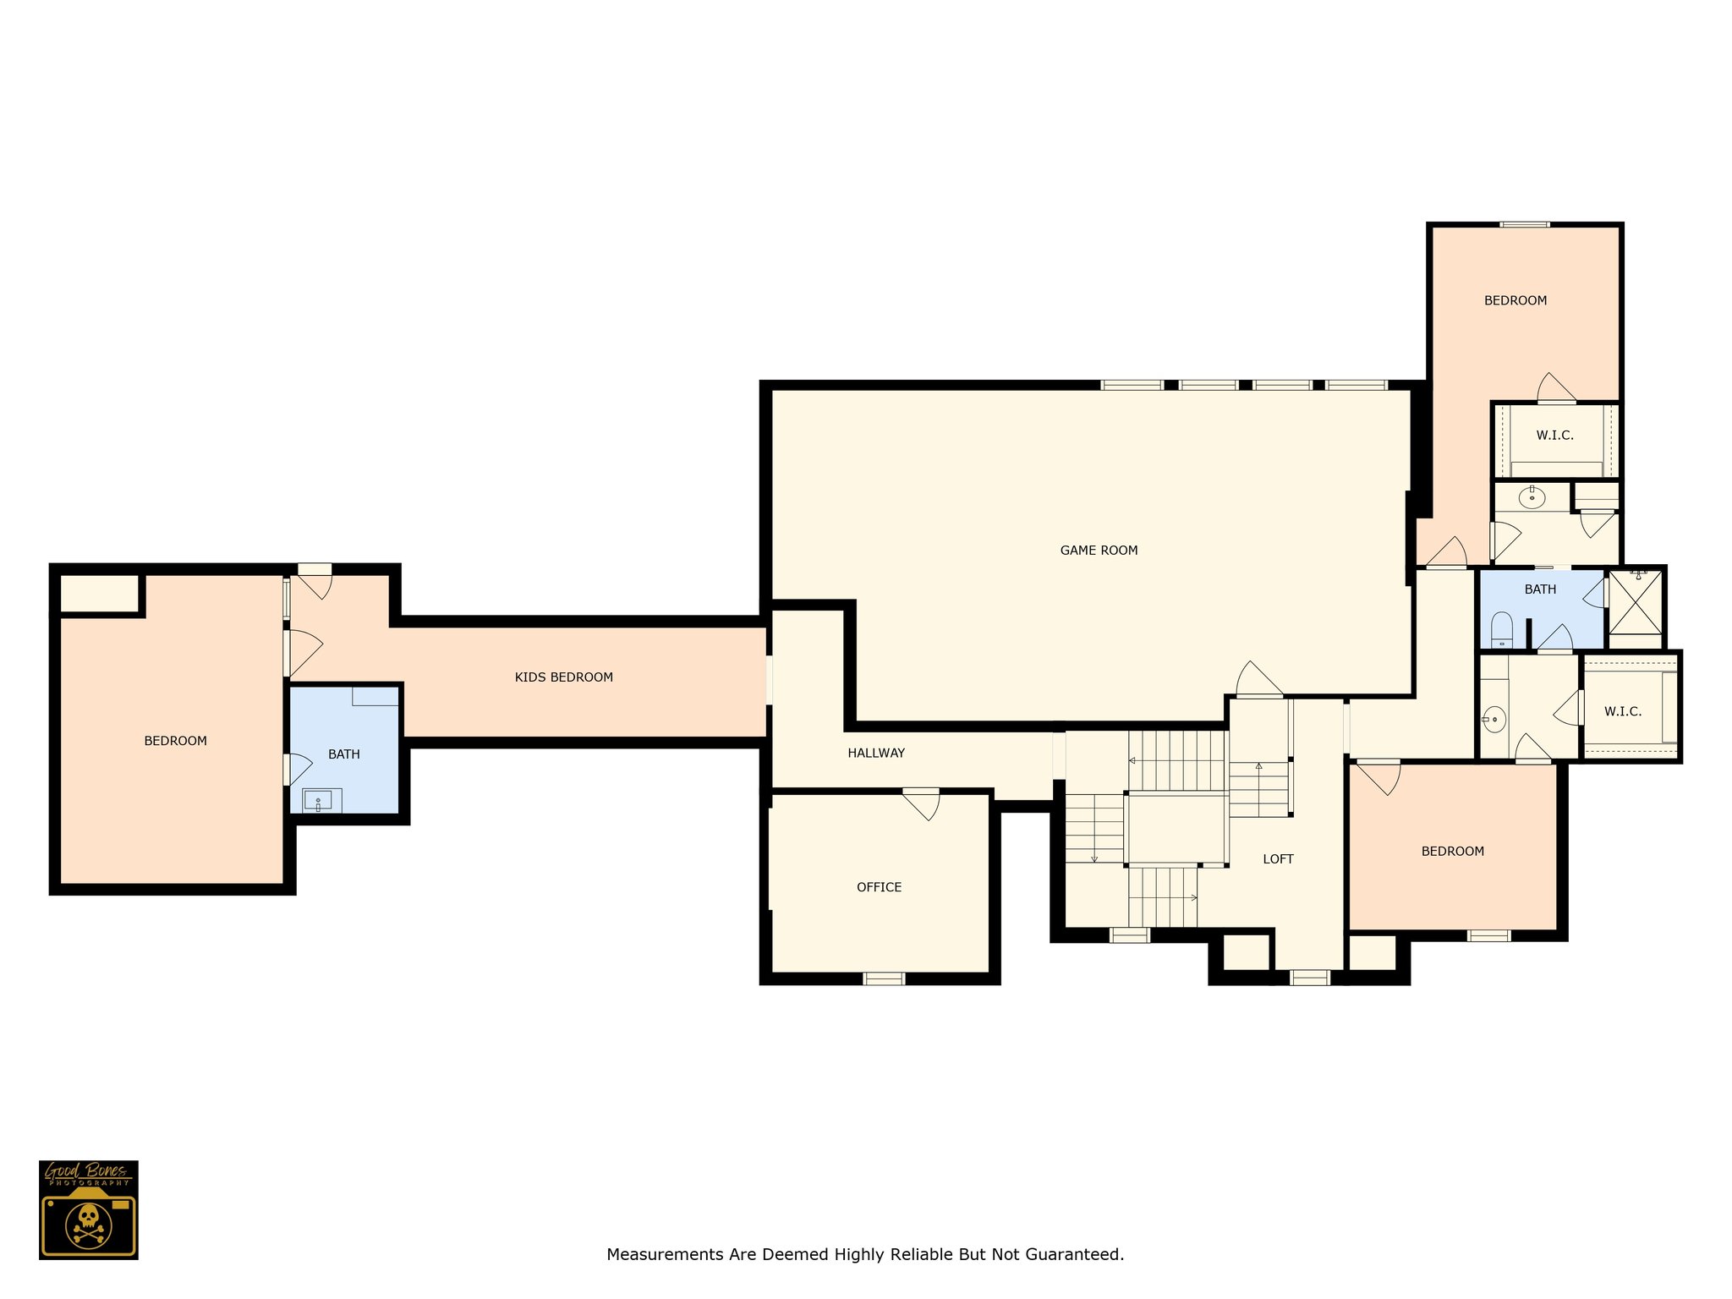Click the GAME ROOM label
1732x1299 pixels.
click(1099, 551)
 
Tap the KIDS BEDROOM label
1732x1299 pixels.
click(564, 677)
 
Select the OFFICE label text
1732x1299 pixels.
click(879, 887)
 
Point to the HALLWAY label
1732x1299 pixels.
click(876, 753)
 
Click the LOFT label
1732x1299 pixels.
click(1278, 859)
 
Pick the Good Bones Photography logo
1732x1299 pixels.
click(89, 1209)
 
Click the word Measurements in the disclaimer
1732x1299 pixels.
click(666, 1254)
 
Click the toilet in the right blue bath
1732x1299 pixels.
click(1501, 629)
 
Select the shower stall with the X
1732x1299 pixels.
click(1636, 602)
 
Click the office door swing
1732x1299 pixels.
click(922, 803)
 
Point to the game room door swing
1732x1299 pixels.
click(1259, 679)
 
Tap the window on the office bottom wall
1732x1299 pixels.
click(884, 978)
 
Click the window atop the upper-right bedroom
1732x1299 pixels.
click(1525, 225)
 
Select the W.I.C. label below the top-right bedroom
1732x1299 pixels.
click(1554, 436)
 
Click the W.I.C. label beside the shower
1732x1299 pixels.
click(1623, 712)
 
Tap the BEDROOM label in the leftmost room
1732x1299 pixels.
click(175, 741)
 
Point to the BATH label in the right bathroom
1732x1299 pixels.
click(1540, 589)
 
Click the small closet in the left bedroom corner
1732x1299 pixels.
click(99, 593)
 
